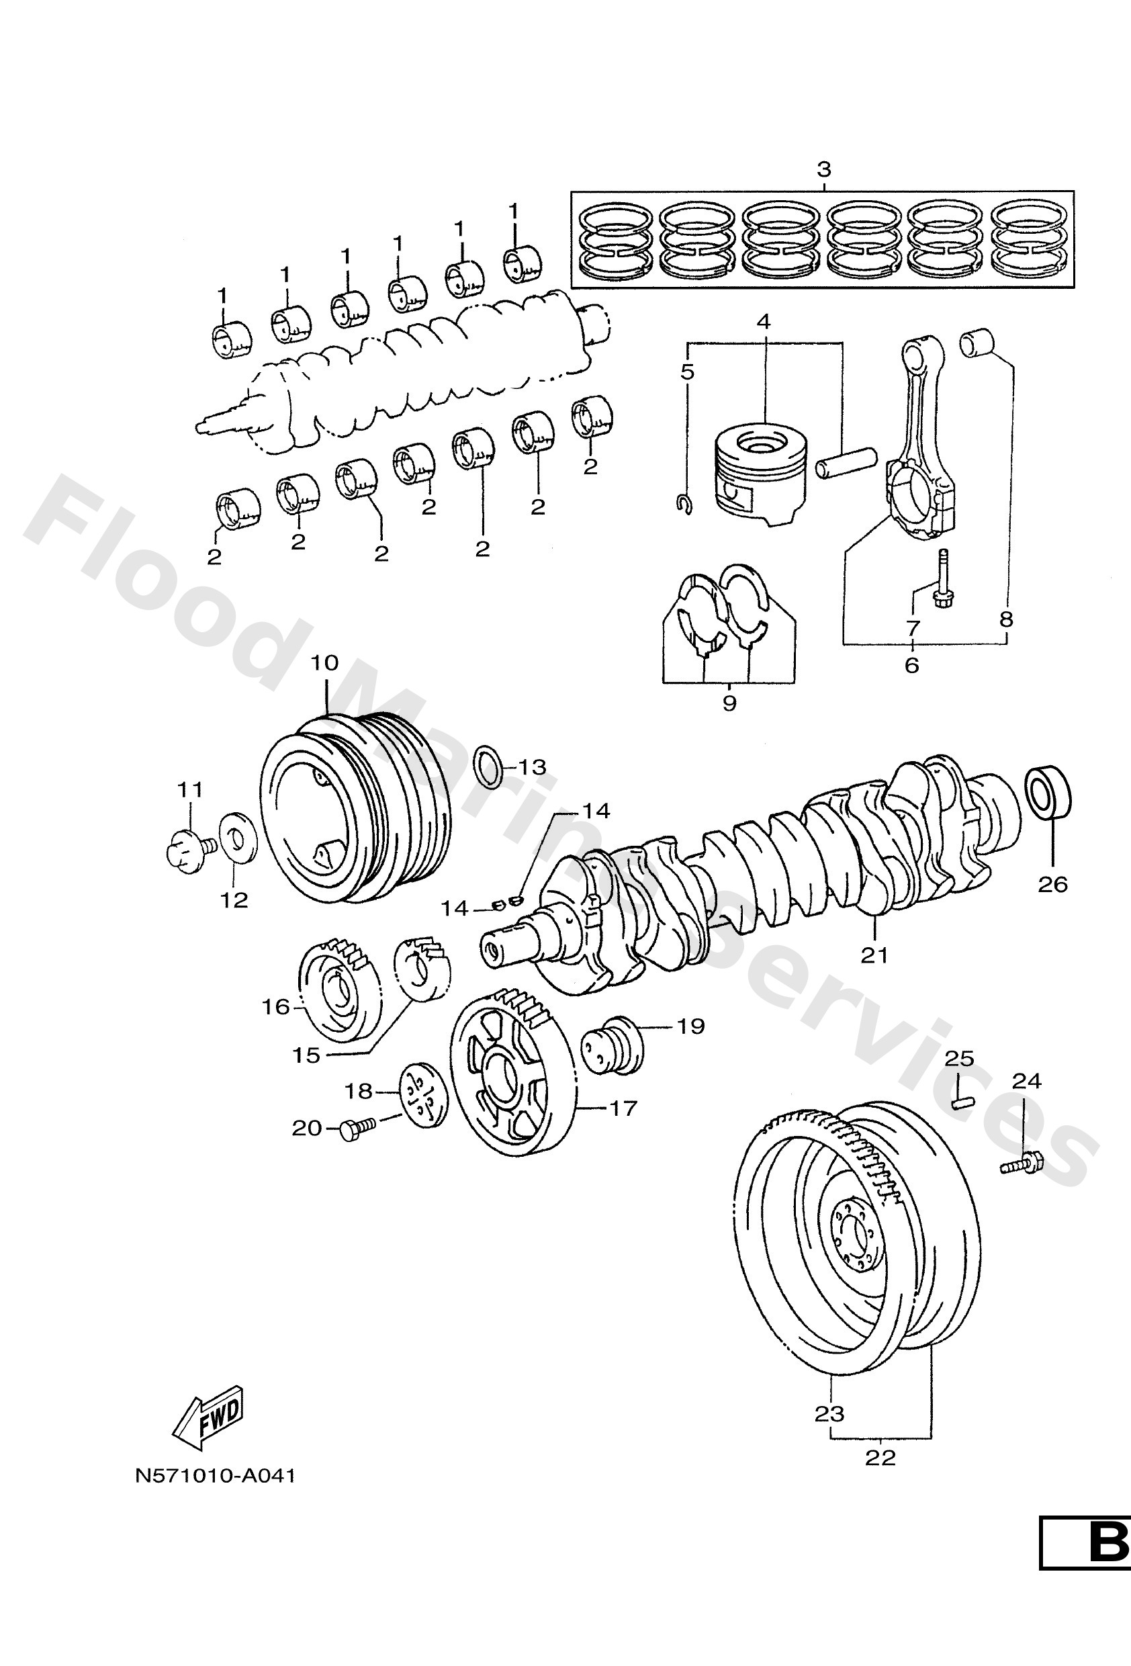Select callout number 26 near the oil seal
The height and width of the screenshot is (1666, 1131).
tap(1053, 885)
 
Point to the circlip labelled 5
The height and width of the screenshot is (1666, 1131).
tap(684, 504)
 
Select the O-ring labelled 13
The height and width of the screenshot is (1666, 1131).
tap(490, 766)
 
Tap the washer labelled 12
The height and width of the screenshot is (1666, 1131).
tap(234, 836)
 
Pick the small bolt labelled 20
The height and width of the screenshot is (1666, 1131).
tap(355, 1131)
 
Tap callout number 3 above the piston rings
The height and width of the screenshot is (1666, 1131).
tap(823, 171)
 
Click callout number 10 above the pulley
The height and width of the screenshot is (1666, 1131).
tap(324, 663)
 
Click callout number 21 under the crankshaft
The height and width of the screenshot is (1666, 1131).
tap(874, 955)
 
